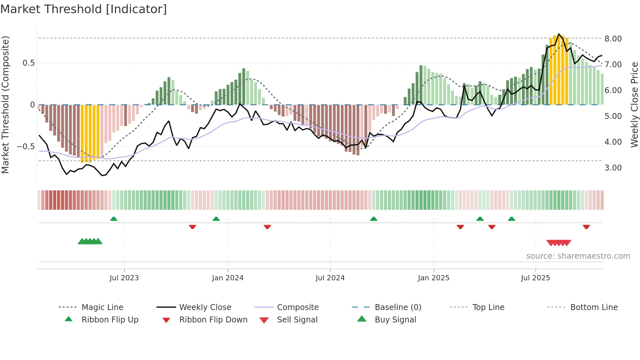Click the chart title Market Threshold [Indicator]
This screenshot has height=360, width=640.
[84, 9]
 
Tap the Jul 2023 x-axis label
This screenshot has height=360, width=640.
[124, 278]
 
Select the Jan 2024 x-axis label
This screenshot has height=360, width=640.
[228, 278]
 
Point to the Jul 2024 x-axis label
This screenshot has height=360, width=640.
[330, 278]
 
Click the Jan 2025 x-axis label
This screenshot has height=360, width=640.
[434, 278]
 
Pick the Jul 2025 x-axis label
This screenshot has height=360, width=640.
[536, 278]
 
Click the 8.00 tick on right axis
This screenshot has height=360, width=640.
[613, 39]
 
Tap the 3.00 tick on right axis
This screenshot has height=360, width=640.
[613, 168]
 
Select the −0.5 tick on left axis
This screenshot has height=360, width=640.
[25, 147]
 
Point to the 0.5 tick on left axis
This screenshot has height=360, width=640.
[28, 63]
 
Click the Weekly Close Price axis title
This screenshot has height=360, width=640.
[634, 105]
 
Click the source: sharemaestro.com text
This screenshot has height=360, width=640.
[578, 256]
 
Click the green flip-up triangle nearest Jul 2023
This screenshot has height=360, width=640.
[114, 219]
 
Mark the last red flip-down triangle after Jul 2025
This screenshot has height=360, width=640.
[586, 227]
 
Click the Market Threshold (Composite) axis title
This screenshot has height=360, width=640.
[5, 105]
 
